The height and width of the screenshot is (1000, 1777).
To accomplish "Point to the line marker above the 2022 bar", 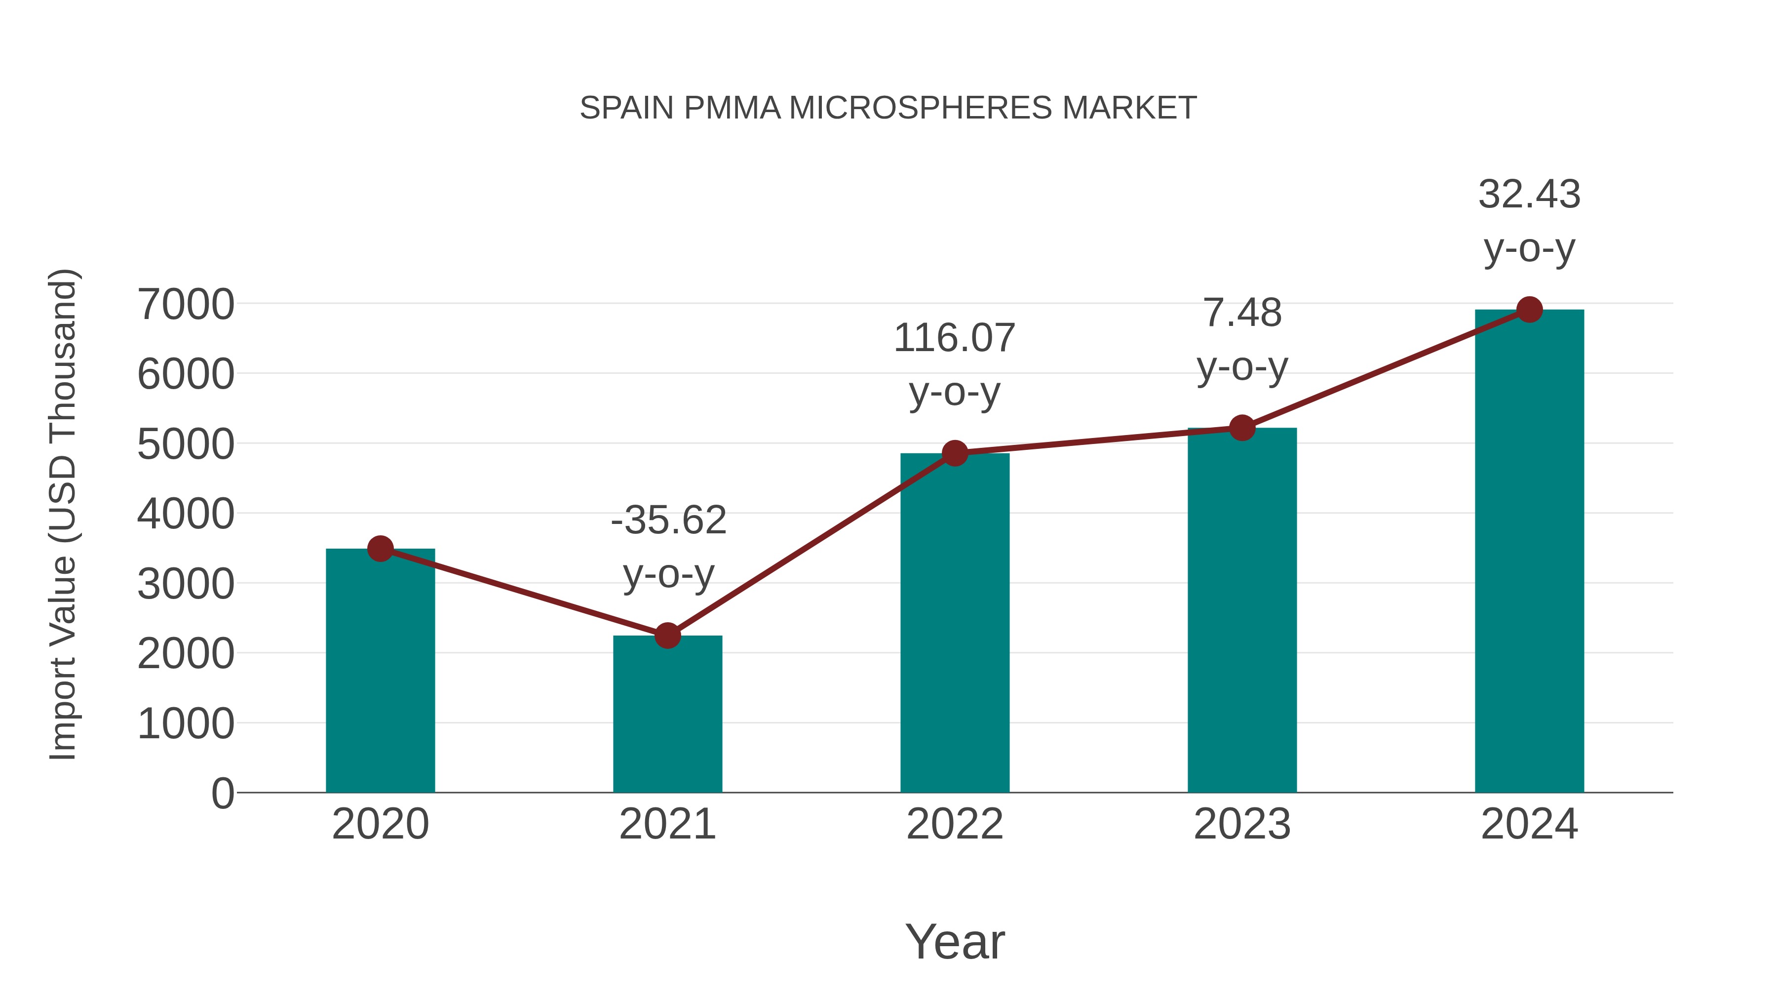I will pos(955,453).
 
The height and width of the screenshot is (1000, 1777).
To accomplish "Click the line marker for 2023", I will pos(1242,428).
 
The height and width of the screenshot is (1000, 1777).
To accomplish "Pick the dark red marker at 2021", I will pos(667,636).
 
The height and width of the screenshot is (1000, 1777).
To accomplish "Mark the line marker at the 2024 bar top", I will pos(1529,310).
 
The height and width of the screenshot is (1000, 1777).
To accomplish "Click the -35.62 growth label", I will pos(668,520).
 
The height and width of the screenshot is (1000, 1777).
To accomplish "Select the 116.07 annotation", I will pos(954,338).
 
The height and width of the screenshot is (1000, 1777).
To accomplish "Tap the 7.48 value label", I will pos(1242,313).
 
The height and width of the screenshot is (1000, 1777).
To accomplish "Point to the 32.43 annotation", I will pos(1529,194).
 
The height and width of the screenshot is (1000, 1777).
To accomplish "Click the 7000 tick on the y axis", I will pos(186,304).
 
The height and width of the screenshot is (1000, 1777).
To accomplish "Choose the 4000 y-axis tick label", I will pos(186,514).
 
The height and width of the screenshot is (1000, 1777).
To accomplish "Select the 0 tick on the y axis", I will pos(222,793).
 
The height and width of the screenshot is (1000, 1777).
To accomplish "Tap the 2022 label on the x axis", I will pos(955,824).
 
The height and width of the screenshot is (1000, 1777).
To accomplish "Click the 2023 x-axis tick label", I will pos(1242,824).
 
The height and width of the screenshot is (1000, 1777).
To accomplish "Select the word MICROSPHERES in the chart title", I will pos(920,108).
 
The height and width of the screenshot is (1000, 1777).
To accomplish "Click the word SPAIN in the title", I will pos(626,108).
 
